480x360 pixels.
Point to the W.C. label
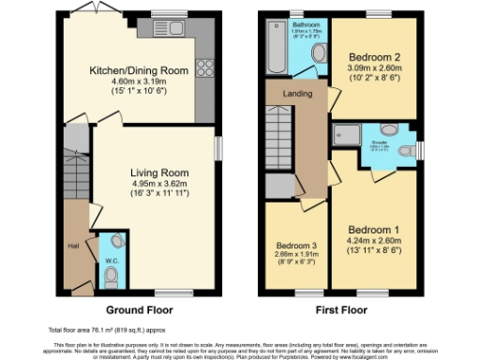tap(111, 261)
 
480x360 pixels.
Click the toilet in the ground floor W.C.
tap(112, 276)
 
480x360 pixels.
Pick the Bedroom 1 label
tap(373, 230)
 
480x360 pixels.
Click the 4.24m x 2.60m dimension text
tap(373, 241)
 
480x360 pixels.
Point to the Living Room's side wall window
tap(217, 149)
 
